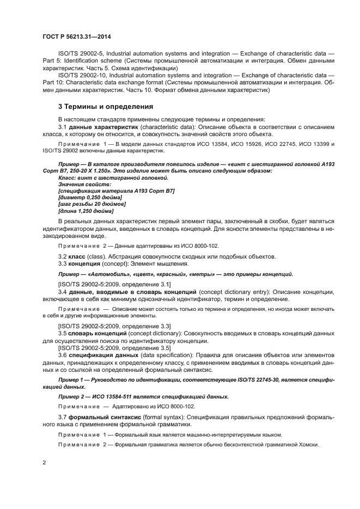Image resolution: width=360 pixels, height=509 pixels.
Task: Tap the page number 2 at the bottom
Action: coord(44,462)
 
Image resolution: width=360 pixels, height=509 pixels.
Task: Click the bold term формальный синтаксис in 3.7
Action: coord(106,417)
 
